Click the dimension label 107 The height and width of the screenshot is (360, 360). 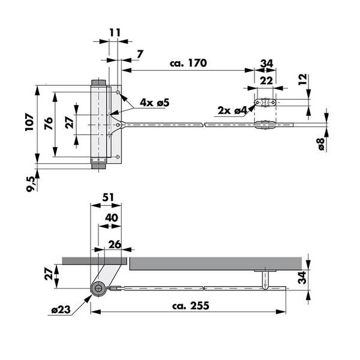(x=29, y=122)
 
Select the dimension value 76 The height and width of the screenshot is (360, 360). (x=49, y=123)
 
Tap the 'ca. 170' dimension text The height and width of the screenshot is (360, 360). (x=188, y=63)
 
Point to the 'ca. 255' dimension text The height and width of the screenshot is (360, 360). (x=191, y=305)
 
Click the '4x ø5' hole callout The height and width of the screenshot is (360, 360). (x=155, y=103)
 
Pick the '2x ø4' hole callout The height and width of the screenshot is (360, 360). (x=232, y=110)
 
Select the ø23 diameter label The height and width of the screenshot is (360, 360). (x=61, y=310)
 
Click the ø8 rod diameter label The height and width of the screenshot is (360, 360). (x=322, y=144)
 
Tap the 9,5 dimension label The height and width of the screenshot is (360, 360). (x=31, y=184)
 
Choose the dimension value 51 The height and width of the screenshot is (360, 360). (x=108, y=197)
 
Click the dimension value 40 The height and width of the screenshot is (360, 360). (x=112, y=218)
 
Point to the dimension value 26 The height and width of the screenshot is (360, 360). (x=115, y=245)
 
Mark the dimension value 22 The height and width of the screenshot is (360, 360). (x=266, y=80)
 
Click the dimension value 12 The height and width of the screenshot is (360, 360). (x=302, y=79)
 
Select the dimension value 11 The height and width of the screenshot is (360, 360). (x=115, y=32)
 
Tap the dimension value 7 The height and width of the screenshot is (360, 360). (x=140, y=54)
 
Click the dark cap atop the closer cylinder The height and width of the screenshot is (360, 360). (x=98, y=83)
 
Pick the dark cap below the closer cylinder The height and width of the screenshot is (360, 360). (x=98, y=166)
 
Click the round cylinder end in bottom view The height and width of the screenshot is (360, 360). (x=98, y=288)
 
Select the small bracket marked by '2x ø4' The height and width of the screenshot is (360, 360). (x=265, y=103)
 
